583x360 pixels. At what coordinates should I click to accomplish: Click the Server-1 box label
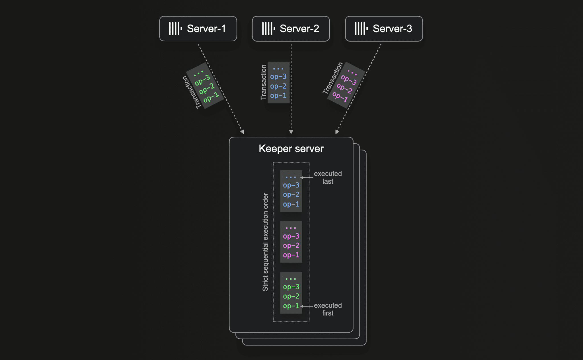tap(206, 28)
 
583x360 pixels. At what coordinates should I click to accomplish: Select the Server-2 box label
tap(299, 28)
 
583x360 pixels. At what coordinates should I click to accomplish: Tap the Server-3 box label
tap(392, 28)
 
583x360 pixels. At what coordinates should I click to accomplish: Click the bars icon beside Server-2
tap(268, 29)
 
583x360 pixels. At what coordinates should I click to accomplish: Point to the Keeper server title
tap(291, 149)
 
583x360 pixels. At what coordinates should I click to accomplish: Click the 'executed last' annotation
tap(328, 177)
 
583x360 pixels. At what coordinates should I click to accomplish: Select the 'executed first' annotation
tap(328, 309)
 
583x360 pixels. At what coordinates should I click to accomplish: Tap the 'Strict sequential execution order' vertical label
tap(265, 242)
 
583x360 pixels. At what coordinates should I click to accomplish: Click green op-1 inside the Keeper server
tap(291, 306)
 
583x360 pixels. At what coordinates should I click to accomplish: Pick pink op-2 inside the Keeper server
tap(291, 246)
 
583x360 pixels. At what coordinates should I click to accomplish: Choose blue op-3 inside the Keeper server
tap(291, 185)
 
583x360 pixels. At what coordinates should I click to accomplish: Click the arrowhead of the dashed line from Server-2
tap(291, 132)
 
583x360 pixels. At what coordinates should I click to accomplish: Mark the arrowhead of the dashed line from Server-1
tap(242, 132)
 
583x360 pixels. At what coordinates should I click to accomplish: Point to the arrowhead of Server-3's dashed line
tap(337, 132)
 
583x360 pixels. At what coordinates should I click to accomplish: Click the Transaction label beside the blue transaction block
tap(264, 82)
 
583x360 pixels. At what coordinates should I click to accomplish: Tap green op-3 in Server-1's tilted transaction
tap(202, 80)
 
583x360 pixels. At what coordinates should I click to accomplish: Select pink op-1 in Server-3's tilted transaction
tap(340, 97)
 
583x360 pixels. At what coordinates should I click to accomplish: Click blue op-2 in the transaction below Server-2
tap(278, 86)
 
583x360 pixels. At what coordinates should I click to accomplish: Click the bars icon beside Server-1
tap(175, 29)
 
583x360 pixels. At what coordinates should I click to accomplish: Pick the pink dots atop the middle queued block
tap(291, 228)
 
